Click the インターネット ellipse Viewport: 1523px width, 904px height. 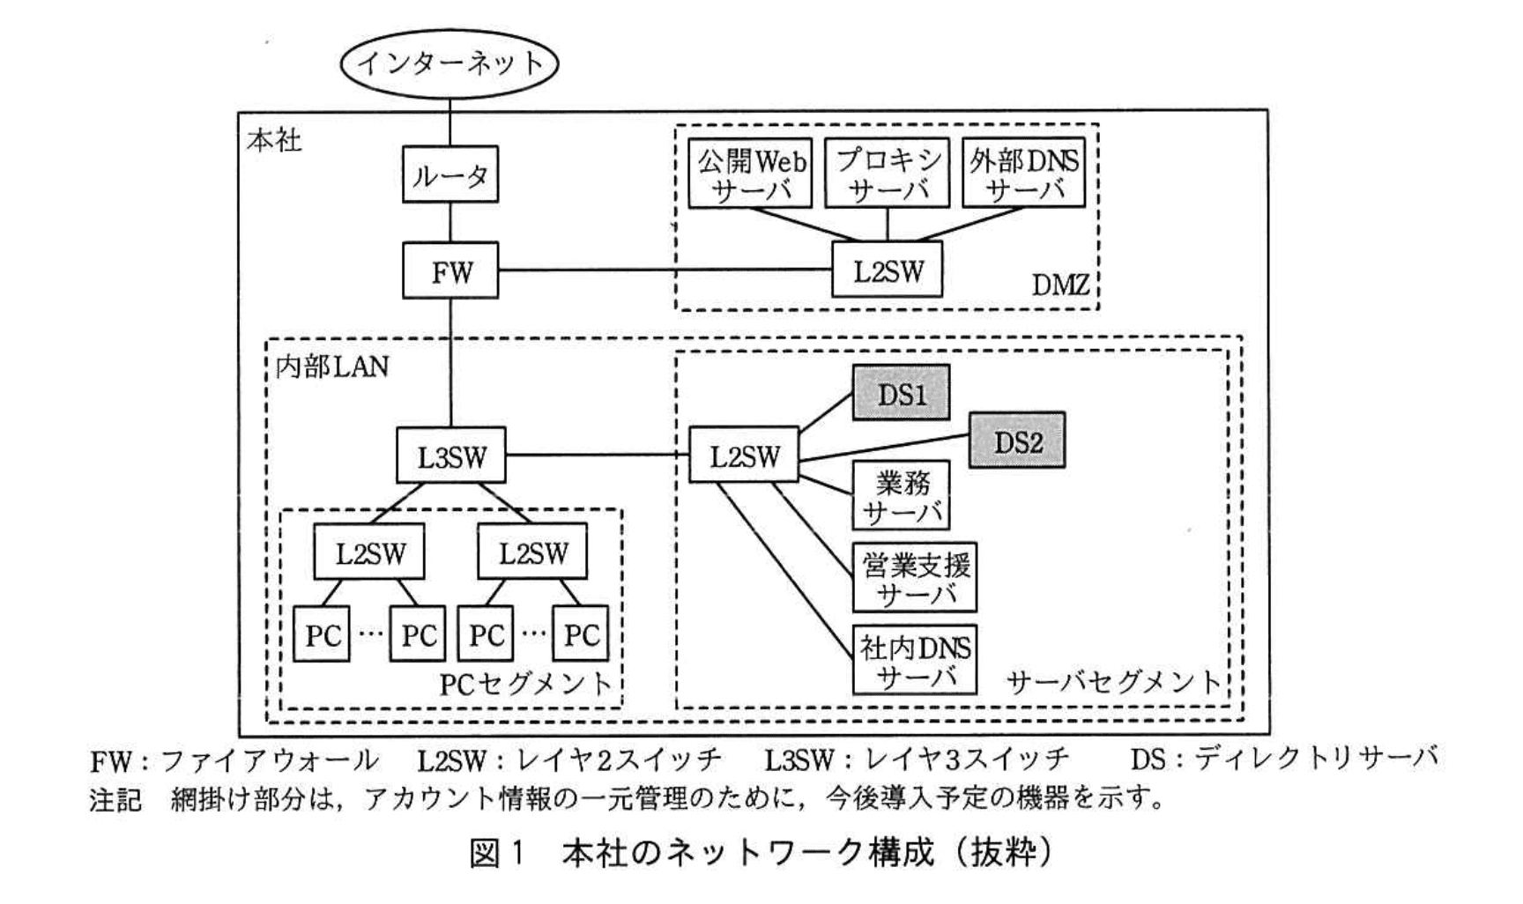pos(449,63)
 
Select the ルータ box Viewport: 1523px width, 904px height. pos(450,175)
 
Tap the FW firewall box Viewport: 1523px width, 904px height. pos(450,270)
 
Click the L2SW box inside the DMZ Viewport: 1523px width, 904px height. pos(888,270)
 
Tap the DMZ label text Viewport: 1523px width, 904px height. pos(1060,285)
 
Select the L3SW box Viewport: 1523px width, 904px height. pos(450,455)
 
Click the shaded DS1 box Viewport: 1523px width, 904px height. pos(901,393)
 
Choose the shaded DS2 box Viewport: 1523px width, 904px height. pos(1017,440)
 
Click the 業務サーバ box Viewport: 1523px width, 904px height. pos(901,495)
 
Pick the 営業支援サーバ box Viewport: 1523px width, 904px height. pos(914,577)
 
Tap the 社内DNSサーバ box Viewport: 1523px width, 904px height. pos(914,660)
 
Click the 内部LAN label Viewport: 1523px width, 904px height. pos(331,366)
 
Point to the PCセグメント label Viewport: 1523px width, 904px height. pos(525,684)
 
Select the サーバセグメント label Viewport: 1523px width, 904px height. pos(1114,681)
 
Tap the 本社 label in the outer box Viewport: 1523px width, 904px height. pos(274,140)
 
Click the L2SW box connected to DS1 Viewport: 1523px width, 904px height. pos(744,455)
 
